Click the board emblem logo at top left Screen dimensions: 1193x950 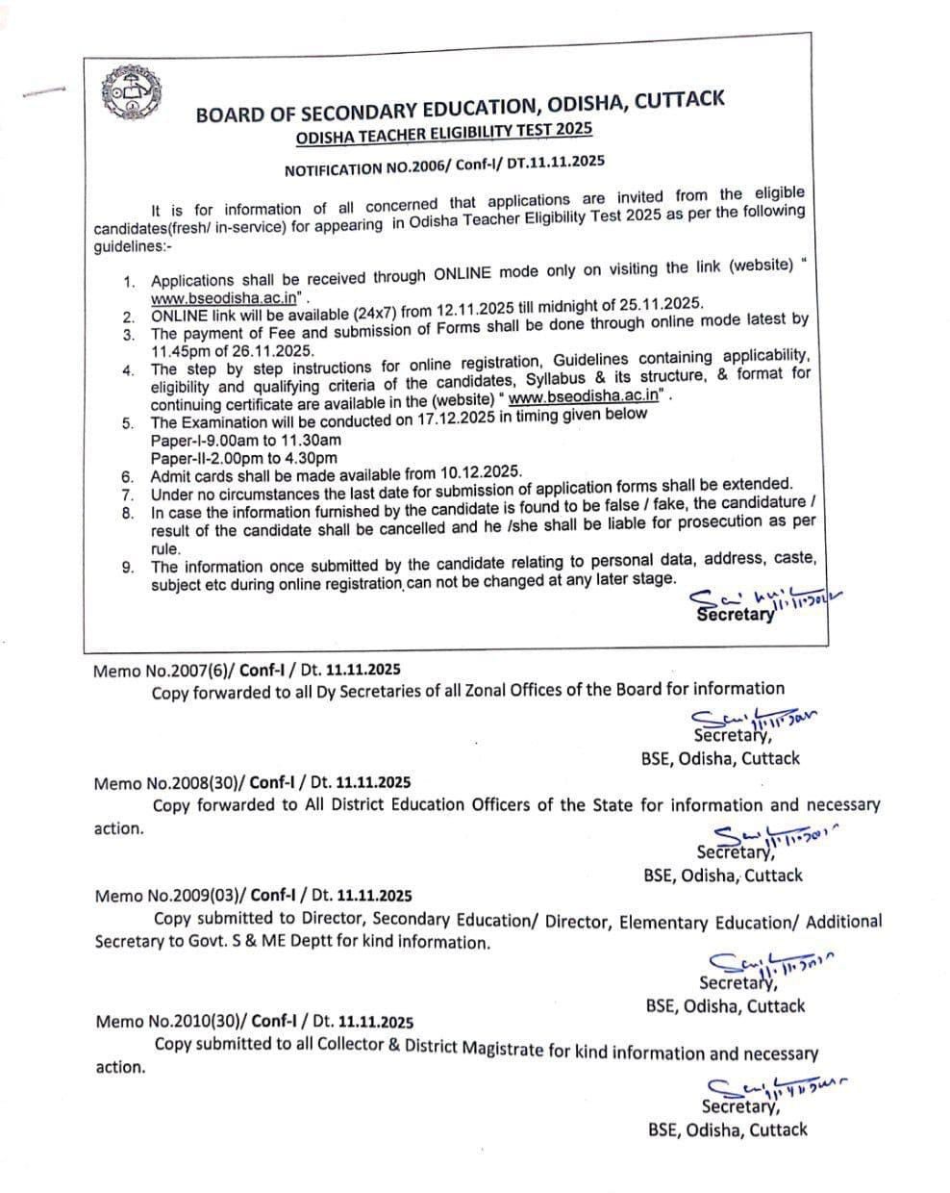click(131, 93)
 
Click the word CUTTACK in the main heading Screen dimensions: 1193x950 click(681, 100)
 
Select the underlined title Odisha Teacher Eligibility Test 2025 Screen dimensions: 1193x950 click(444, 132)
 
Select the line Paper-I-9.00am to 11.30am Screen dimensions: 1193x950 click(246, 440)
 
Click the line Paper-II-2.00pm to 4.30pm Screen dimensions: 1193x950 click(244, 458)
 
